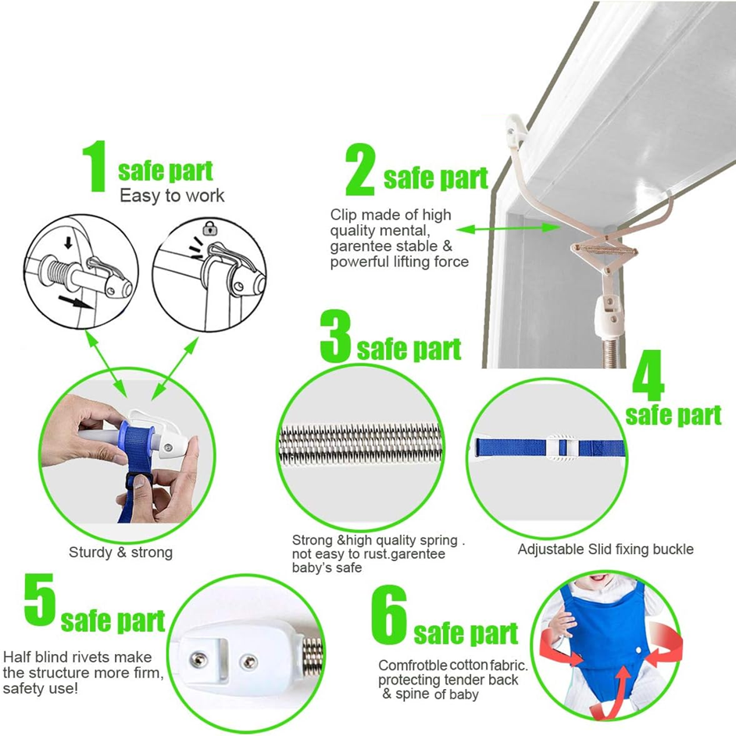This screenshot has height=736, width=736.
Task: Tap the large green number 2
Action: pos(360,170)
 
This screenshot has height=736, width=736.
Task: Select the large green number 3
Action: pos(336,336)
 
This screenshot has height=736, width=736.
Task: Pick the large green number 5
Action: pos(40,599)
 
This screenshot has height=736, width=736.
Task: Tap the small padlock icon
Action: pos(210,229)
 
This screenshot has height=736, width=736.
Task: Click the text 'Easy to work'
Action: pos(172,196)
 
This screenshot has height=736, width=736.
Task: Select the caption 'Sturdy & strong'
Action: pos(120,552)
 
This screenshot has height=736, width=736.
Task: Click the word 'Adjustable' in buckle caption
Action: pos(549,549)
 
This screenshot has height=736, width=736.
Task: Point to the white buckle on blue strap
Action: pos(562,448)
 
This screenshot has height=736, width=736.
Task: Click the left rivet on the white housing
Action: pos(199,659)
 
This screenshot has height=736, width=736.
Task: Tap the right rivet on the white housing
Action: pos(248,662)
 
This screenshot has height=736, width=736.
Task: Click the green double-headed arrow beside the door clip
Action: pos(508,229)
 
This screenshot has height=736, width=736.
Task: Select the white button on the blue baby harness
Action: pos(639,651)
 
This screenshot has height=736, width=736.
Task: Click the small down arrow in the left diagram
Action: pos(69,242)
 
